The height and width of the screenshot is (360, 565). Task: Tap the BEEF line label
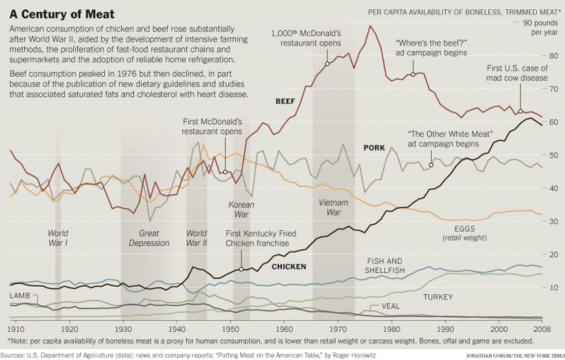click(x=285, y=102)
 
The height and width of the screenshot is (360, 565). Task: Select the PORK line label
click(x=374, y=148)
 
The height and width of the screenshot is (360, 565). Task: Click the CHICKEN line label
click(x=288, y=267)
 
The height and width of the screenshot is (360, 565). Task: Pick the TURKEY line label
click(x=438, y=297)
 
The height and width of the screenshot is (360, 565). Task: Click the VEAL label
click(x=391, y=306)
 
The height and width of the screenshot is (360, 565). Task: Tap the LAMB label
click(x=20, y=295)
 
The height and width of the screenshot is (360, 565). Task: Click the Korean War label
click(x=241, y=209)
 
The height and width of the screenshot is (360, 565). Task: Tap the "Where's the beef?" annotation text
click(x=431, y=48)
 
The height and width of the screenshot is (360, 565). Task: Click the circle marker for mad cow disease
click(x=520, y=111)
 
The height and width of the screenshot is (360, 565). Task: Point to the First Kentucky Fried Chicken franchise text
click(x=257, y=238)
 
